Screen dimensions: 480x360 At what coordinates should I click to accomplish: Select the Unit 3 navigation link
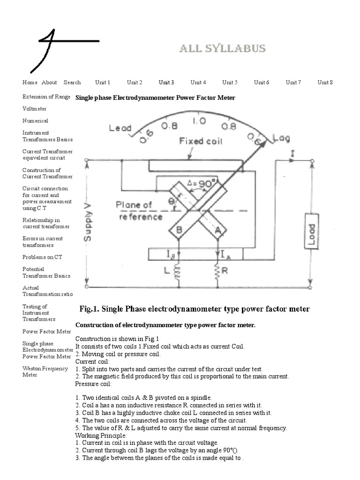click(x=166, y=82)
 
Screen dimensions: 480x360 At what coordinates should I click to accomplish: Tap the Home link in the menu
click(x=30, y=82)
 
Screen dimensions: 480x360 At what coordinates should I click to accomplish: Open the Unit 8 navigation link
click(x=325, y=82)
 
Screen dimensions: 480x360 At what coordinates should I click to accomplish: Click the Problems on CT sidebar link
click(x=42, y=257)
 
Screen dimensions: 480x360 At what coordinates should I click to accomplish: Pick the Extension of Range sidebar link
click(x=46, y=97)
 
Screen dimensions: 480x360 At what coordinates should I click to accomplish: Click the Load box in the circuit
click(x=312, y=231)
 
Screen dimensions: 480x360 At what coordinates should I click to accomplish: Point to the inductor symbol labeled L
click(x=177, y=272)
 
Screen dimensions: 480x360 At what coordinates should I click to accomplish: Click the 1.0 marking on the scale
click(x=199, y=121)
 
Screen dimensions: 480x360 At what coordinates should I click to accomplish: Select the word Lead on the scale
click(x=120, y=128)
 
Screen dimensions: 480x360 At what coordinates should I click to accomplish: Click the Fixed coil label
click(x=201, y=141)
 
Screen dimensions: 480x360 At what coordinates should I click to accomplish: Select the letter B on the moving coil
click(x=179, y=230)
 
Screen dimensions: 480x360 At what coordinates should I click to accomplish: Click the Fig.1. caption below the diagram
click(x=195, y=309)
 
